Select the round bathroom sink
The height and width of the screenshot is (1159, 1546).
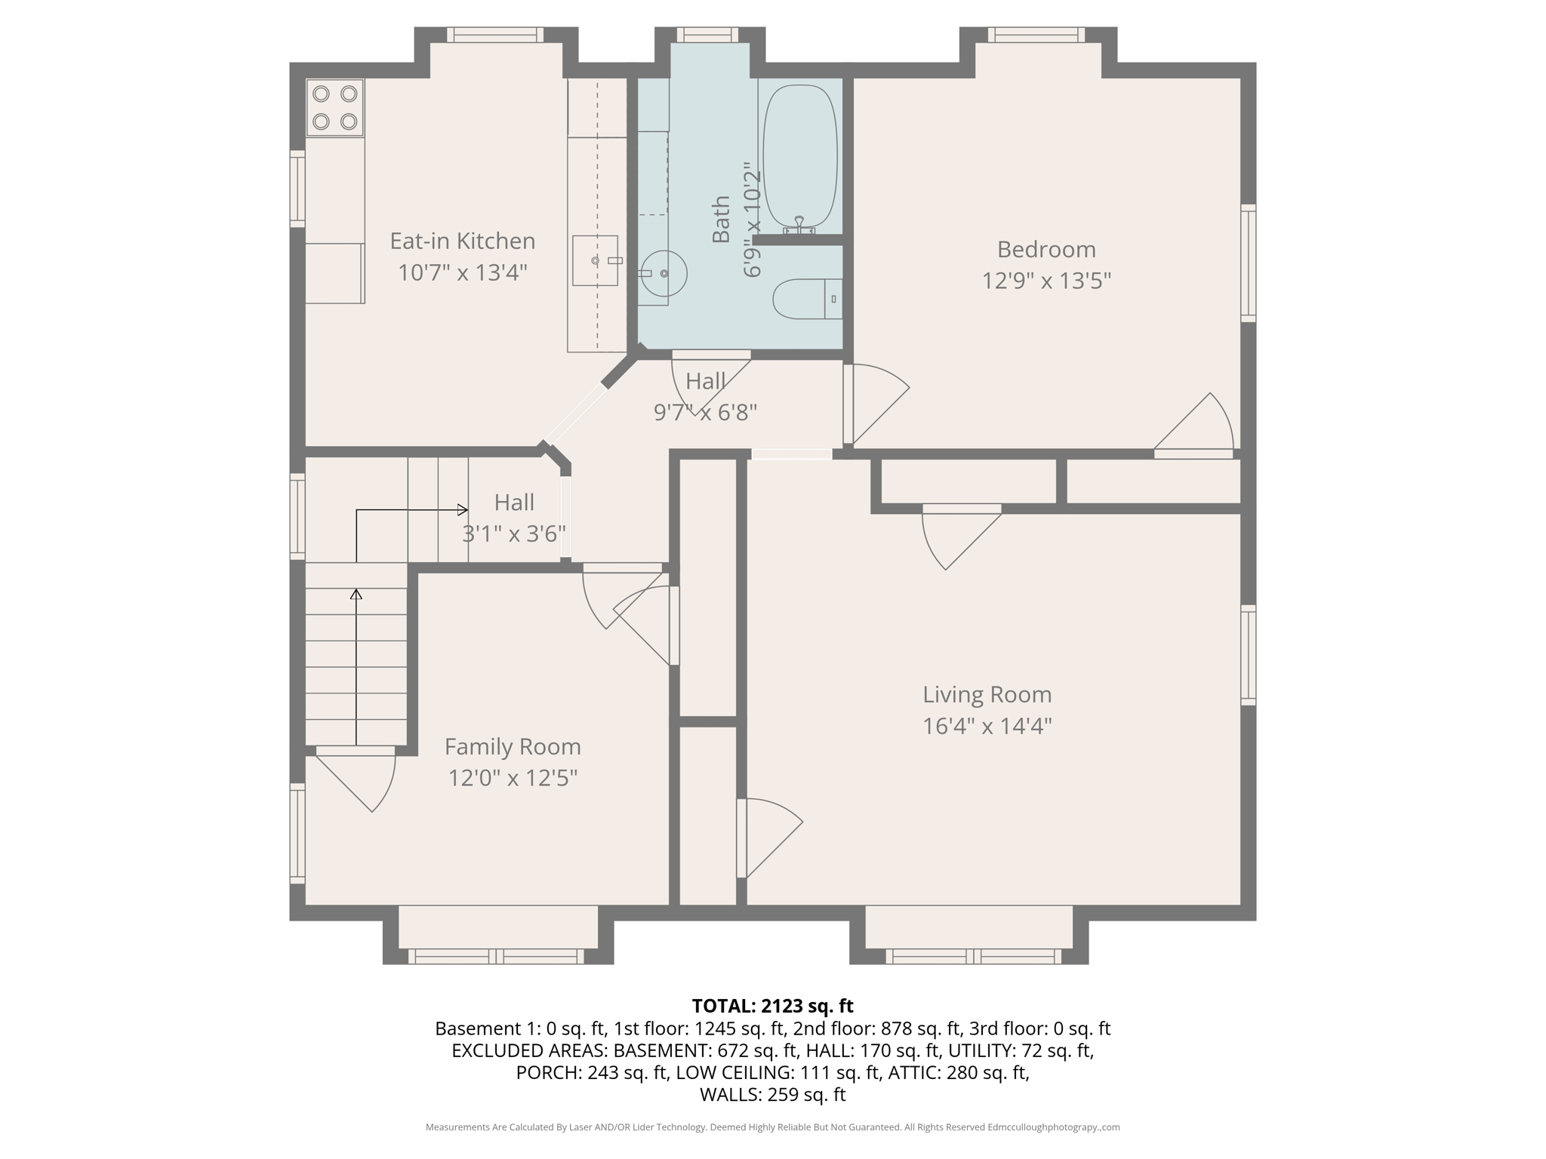point(664,273)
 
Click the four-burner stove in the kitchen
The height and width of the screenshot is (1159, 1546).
point(335,108)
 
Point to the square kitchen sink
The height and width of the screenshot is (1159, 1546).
point(595,261)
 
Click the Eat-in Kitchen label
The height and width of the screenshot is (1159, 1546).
point(462,241)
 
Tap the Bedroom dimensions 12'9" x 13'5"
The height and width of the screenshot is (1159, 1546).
point(1046,281)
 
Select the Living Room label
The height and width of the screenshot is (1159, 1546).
point(987,694)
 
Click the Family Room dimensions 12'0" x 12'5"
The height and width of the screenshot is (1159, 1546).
point(513,778)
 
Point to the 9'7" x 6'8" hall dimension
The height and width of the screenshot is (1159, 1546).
point(705,413)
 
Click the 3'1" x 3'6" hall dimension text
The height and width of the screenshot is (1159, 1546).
point(514,534)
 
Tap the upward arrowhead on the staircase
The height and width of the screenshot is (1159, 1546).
point(356,594)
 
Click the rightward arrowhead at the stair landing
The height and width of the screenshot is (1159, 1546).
point(463,510)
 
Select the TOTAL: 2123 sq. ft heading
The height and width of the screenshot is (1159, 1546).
point(772,1006)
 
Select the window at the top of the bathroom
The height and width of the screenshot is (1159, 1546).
point(707,35)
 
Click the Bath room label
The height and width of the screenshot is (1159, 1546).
point(722,220)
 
